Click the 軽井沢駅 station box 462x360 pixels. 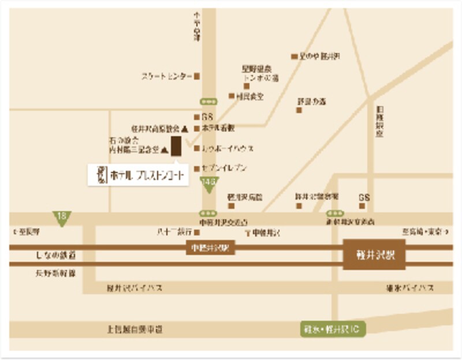click(374, 254)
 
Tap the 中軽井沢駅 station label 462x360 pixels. click(208, 249)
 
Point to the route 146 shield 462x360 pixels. click(208, 184)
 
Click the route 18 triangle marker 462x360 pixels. click(61, 217)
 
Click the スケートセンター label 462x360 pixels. click(166, 76)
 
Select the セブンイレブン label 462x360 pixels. click(225, 168)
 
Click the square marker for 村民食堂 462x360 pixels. click(232, 96)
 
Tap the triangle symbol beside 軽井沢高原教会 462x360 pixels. click(185, 128)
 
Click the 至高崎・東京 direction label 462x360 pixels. click(422, 232)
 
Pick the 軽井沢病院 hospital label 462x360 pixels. click(245, 197)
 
